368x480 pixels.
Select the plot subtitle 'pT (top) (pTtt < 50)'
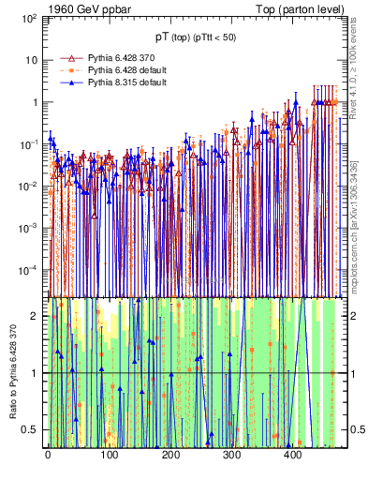[196, 37]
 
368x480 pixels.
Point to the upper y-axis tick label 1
[34, 102]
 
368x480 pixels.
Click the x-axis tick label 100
[109, 455]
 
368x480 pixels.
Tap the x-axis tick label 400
[292, 455]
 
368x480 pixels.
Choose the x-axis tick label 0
[48, 455]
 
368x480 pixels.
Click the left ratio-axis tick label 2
[37, 316]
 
